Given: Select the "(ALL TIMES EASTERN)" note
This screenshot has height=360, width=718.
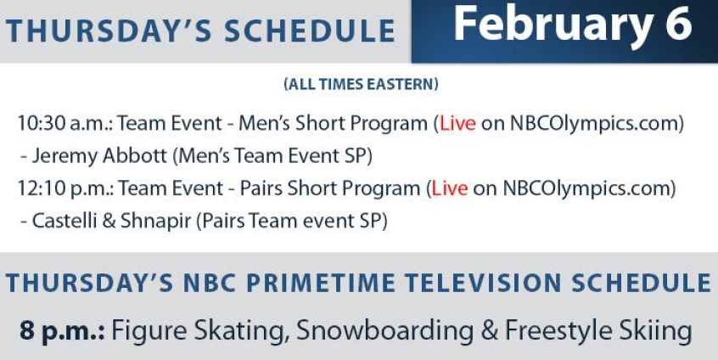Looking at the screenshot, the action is tap(361, 84).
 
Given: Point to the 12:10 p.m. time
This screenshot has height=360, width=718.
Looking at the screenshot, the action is tap(65, 188).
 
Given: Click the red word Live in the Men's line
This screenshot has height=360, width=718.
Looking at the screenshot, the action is tap(457, 123).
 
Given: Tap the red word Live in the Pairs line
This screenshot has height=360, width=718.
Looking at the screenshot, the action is tap(450, 188).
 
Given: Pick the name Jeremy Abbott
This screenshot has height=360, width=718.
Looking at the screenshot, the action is tap(99, 156).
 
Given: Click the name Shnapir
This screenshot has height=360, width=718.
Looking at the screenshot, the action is tap(155, 222).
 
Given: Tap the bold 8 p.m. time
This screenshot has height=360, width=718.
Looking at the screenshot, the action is tap(62, 331).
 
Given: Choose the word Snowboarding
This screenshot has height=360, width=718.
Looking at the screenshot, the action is tap(385, 331).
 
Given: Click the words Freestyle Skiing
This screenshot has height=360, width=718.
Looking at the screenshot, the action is tap(598, 331).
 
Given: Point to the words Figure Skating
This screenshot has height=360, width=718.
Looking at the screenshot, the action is tap(200, 331).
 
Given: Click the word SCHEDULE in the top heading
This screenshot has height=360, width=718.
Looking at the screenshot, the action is tap(310, 31).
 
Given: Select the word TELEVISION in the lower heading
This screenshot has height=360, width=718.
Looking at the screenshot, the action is tap(483, 283).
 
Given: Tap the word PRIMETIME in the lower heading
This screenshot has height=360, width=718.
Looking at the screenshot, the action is tap(321, 283).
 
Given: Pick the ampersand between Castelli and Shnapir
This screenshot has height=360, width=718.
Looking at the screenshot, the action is tap(109, 221).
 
